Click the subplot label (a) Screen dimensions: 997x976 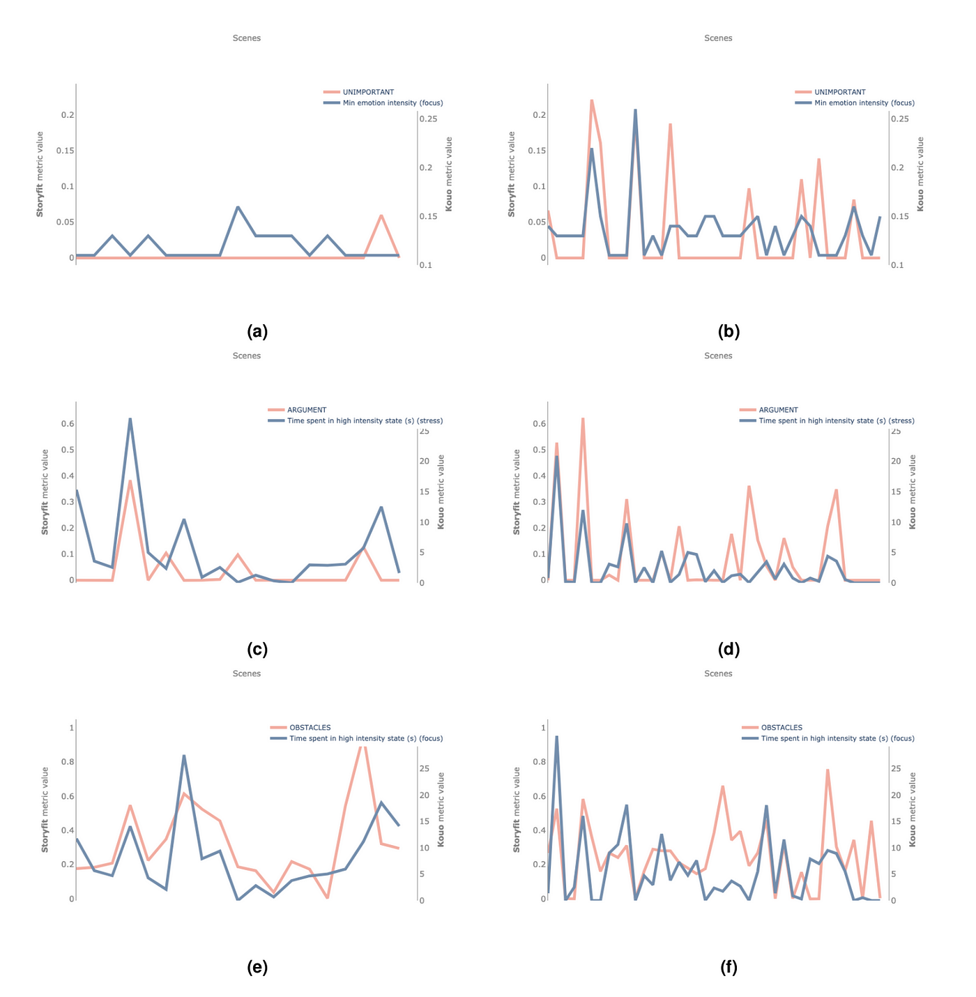point(257,332)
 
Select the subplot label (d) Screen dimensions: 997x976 point(729,650)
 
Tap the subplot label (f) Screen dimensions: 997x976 point(729,968)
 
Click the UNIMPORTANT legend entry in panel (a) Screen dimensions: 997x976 point(368,92)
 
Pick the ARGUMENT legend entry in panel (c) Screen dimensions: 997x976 point(307,410)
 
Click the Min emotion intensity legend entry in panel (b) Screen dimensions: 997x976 point(864,103)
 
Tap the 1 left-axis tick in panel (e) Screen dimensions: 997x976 point(71,728)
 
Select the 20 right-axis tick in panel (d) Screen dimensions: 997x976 point(896,462)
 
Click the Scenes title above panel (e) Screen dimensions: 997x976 point(247,673)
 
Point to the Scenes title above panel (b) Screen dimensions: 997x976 point(718,38)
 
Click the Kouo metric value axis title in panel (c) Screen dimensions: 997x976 point(441,492)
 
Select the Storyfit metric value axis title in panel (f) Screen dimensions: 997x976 point(517,809)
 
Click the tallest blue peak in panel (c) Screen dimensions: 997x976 point(130,419)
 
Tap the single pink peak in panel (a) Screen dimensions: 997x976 point(381,215)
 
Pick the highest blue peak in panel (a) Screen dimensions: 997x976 point(238,207)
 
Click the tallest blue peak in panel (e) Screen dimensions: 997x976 point(183,756)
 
